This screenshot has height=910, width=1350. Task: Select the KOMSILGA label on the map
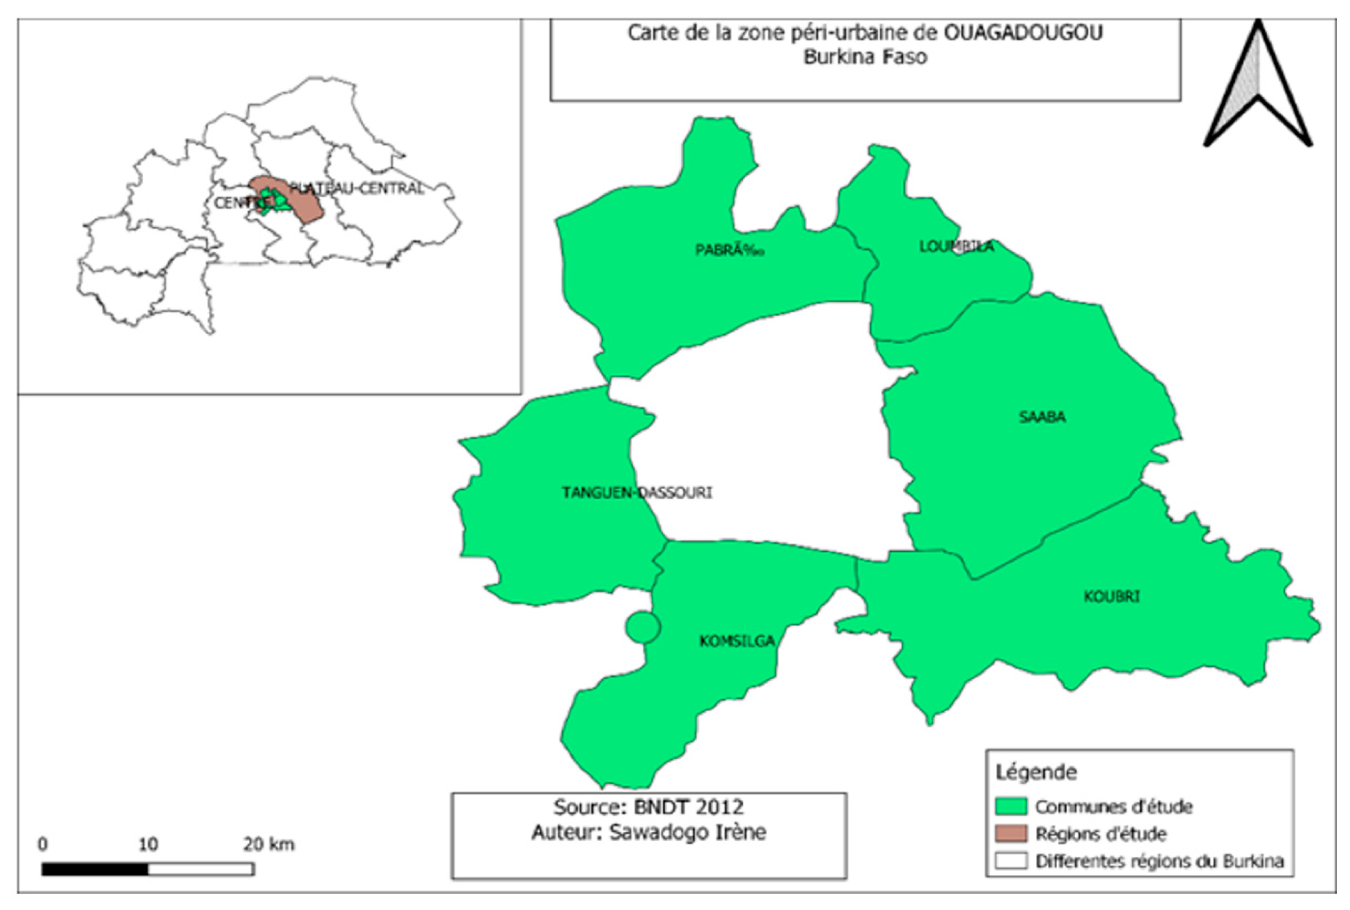point(737,641)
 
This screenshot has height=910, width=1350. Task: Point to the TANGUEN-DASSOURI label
point(636,493)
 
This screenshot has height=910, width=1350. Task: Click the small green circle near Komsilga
point(643,627)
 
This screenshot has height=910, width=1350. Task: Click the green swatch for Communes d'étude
point(1011,806)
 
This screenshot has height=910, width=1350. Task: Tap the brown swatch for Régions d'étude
point(1011,833)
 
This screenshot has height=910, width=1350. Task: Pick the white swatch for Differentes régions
point(1011,861)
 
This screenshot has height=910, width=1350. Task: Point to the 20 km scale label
point(269,844)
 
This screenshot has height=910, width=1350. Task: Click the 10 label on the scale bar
point(148,844)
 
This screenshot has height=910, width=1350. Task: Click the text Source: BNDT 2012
point(648,807)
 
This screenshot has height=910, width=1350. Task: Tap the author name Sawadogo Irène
point(688,832)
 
